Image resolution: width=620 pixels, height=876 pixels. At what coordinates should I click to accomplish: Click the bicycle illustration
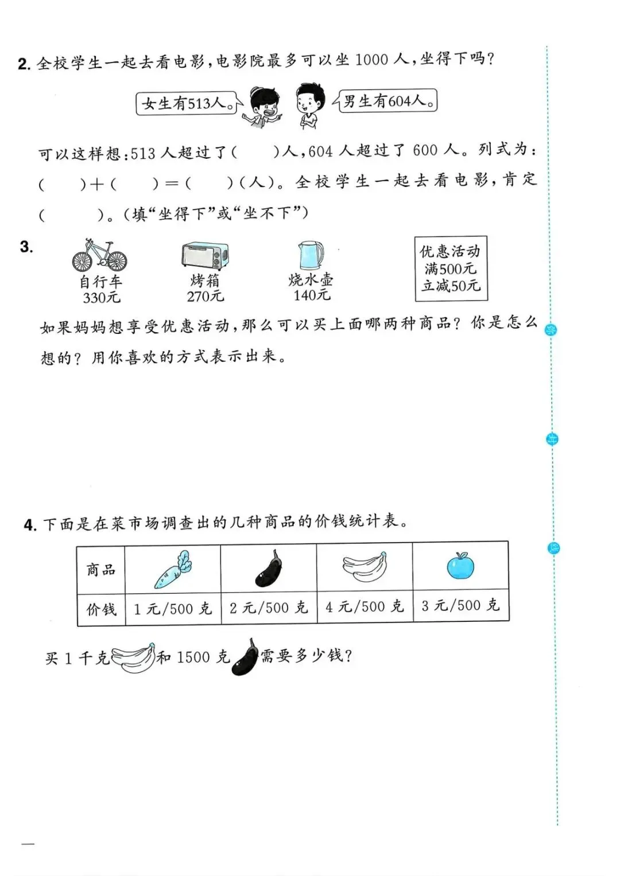[x=99, y=255]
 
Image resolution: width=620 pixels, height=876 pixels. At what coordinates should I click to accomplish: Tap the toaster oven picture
[x=204, y=255]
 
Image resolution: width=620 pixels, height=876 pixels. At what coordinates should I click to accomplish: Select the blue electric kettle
[x=311, y=255]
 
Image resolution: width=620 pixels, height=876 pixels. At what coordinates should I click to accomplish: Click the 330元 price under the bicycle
[x=102, y=297]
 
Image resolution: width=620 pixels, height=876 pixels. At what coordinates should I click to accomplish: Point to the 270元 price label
[x=205, y=296]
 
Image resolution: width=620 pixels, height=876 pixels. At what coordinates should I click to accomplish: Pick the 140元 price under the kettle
[x=312, y=295]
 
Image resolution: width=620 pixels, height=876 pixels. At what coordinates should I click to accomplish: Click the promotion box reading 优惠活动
[x=451, y=268]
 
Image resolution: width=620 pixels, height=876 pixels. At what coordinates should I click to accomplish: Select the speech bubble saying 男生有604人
[x=387, y=102]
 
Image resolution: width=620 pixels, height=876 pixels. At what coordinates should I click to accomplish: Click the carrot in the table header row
[x=173, y=570]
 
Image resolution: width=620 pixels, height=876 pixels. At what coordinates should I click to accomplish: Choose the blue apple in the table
[x=460, y=566]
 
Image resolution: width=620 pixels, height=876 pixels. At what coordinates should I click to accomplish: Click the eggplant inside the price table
[x=269, y=569]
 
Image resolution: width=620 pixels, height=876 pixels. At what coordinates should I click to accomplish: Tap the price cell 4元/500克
[x=365, y=606]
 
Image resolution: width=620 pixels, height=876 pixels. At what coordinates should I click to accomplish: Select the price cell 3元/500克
[x=460, y=605]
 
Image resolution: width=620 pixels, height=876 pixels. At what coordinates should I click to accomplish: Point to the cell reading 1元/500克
[x=173, y=608]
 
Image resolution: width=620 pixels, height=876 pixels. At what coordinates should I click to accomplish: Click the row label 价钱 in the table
[x=101, y=609]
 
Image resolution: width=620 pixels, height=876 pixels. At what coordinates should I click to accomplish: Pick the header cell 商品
[x=101, y=570]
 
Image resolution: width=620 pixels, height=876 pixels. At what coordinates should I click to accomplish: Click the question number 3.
[x=26, y=247]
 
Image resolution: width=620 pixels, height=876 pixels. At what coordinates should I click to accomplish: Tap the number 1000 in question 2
[x=371, y=60]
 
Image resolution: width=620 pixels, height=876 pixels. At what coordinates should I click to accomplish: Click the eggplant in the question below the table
[x=245, y=657]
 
